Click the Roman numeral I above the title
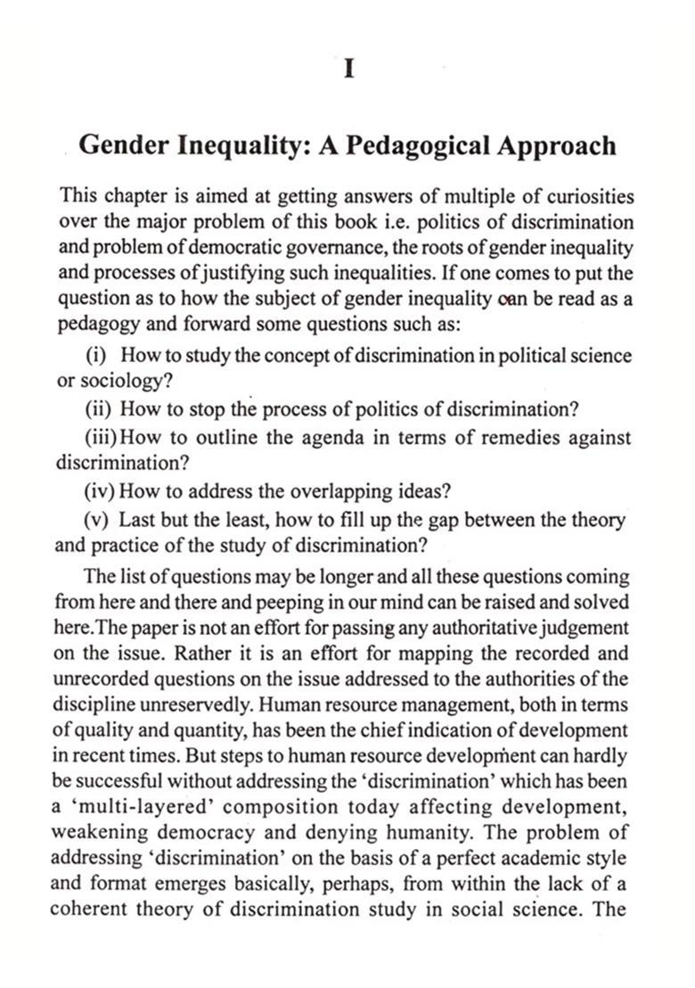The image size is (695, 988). pos(349,69)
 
